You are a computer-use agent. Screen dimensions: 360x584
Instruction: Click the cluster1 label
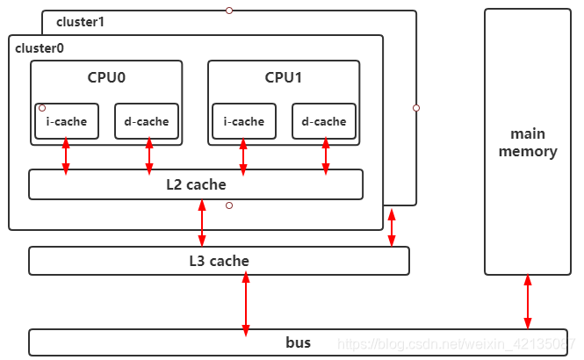pos(80,21)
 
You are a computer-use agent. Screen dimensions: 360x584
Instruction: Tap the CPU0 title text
pos(106,77)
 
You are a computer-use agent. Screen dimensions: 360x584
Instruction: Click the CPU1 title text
pos(284,77)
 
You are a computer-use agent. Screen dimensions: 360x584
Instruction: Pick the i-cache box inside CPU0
pos(67,121)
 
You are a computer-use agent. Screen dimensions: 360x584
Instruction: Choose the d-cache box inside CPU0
pos(147,121)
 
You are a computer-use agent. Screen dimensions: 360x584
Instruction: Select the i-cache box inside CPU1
pos(244,121)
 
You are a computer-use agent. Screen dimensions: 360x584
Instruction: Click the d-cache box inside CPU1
pos(324,121)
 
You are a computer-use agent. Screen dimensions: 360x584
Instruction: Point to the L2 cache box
pos(196,184)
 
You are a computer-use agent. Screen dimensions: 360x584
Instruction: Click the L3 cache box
pos(219,261)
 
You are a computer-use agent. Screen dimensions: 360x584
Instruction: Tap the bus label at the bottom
pos(299,342)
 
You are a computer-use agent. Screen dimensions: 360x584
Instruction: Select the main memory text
pos(528,142)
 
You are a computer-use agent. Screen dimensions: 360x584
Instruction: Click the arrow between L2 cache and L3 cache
pos(203,223)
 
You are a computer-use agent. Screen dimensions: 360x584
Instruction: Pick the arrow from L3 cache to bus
pos(246,302)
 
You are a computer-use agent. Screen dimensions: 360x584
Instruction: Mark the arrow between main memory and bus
pos(528,301)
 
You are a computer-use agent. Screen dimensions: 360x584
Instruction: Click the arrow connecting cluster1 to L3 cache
pos(392,227)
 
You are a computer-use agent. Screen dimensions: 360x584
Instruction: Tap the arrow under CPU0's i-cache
pos(66,155)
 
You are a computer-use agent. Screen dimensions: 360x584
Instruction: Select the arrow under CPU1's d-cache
pos(326,155)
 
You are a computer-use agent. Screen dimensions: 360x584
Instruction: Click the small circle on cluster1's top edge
pos(229,11)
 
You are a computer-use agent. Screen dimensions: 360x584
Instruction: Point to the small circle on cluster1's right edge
pos(416,108)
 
